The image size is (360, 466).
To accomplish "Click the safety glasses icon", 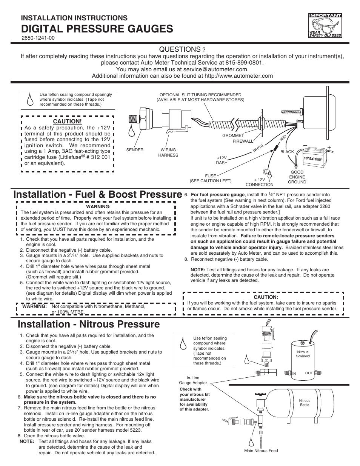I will click(x=325, y=26).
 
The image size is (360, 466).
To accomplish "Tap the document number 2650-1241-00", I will click(x=38, y=38).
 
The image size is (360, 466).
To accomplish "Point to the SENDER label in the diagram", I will click(x=135, y=150).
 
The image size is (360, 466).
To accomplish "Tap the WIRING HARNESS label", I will click(x=168, y=152).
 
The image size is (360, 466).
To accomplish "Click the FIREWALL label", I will click(x=243, y=141).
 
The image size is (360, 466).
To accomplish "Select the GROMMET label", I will click(x=233, y=135).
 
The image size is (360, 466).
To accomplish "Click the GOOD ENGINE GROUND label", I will click(x=297, y=177).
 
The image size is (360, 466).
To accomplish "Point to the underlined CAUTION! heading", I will click(x=67, y=121).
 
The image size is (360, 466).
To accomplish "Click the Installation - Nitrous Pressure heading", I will click(x=89, y=324).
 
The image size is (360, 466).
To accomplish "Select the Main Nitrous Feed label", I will click(x=261, y=451).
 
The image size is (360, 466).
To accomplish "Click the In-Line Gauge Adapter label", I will click(x=193, y=380).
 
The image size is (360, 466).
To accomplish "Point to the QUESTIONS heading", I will click(x=179, y=49).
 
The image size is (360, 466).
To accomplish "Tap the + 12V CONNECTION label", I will click(x=259, y=182).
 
